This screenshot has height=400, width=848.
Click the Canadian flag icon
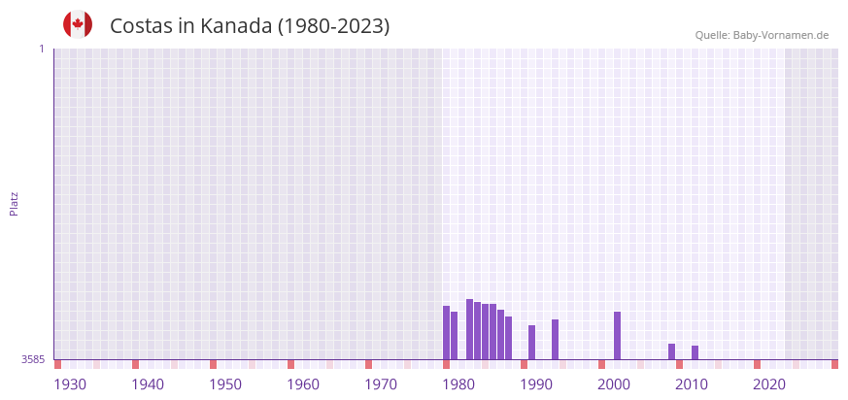pos(78,25)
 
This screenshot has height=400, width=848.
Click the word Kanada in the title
pos(231,26)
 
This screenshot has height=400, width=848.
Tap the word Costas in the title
pos(142,26)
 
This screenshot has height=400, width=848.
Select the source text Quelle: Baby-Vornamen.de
pos(762,35)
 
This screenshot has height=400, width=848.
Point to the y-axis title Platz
pos(14,203)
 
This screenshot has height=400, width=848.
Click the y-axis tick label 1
pos(41,49)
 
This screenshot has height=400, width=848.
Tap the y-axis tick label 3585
pos(33,359)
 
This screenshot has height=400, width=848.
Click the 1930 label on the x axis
pos(70,384)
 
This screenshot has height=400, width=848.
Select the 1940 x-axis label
pos(148,384)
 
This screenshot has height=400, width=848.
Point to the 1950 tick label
pos(225,384)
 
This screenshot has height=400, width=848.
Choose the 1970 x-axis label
pos(381,384)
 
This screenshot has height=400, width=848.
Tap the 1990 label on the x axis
pos(536,384)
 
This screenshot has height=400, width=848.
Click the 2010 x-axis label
pos(692,384)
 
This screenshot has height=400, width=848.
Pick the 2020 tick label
pos(769,384)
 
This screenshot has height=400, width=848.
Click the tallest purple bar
pos(469,329)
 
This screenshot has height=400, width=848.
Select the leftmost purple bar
pos(446,333)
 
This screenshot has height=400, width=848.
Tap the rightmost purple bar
pos(695,352)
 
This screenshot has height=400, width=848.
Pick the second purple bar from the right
pos(671,351)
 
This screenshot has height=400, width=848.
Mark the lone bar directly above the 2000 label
pos(617,335)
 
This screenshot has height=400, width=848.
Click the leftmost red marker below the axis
pos(57,364)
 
